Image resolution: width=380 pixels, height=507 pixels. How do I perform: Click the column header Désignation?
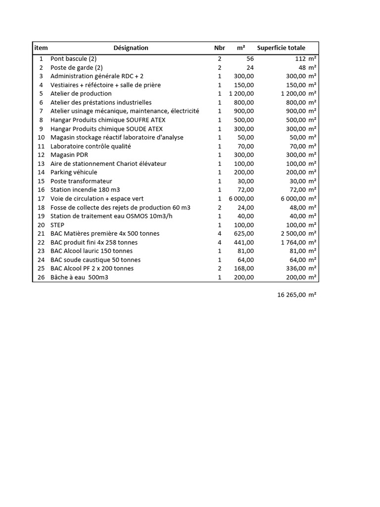point(131,48)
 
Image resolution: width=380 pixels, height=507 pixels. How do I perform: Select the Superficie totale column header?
point(281,48)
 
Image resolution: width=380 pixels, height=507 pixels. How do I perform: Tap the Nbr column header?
point(219,48)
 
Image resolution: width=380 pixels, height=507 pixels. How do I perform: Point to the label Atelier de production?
point(81,94)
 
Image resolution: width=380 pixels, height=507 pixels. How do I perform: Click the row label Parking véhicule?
point(75,172)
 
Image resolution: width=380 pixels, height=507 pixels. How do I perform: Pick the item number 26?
point(41,277)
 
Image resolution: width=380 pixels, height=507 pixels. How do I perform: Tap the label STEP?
point(58,225)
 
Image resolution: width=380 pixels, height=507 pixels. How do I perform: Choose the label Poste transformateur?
point(82,181)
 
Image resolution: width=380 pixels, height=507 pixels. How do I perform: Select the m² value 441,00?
point(244,243)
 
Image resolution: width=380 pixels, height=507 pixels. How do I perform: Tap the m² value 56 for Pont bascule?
point(249,58)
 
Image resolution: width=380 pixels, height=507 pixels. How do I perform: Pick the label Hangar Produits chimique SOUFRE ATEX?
point(108,120)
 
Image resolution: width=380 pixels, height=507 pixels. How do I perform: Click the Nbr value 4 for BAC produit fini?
point(219,243)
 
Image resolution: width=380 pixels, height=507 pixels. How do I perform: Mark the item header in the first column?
point(41,48)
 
